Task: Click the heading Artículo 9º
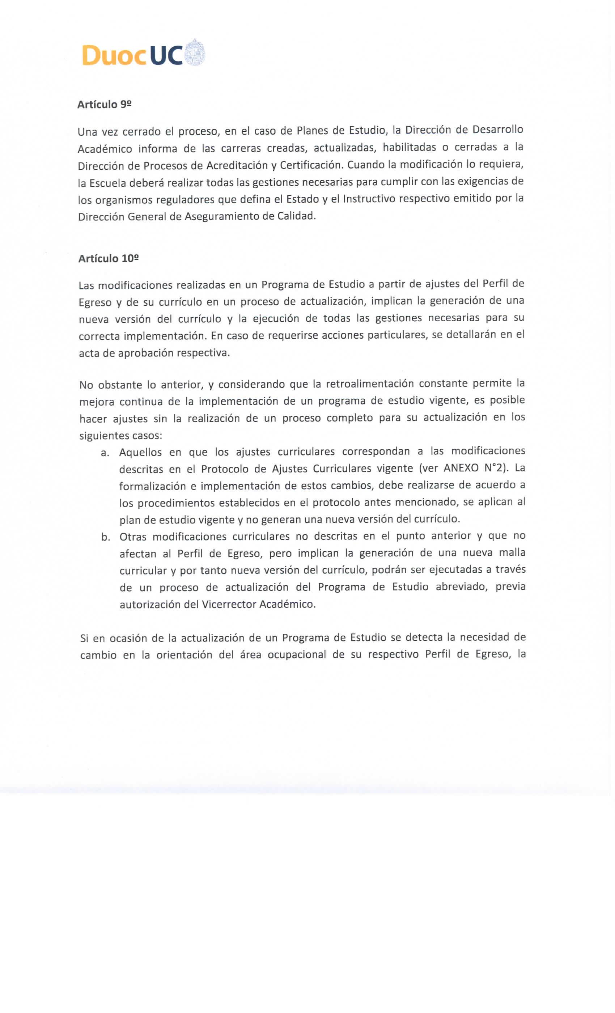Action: (x=104, y=105)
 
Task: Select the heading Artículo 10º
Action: (x=108, y=259)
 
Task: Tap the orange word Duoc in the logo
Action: (x=114, y=55)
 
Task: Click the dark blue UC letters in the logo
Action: (x=166, y=55)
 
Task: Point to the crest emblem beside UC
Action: (x=195, y=52)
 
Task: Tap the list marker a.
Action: (x=105, y=453)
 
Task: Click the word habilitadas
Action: (x=409, y=148)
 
